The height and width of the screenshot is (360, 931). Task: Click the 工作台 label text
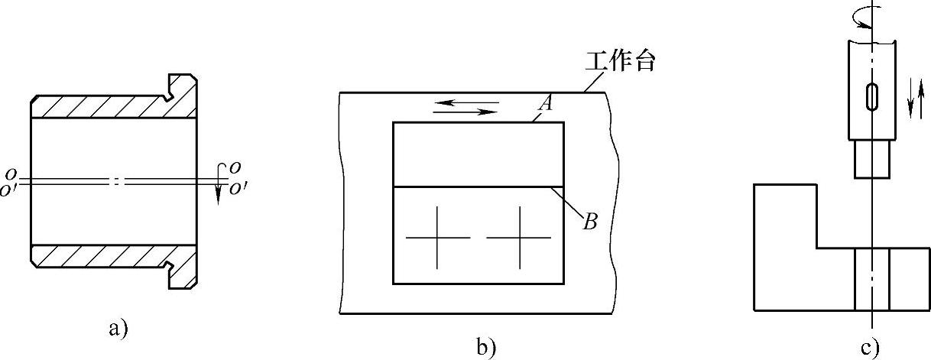(x=620, y=61)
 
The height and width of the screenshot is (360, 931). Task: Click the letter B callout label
(x=589, y=223)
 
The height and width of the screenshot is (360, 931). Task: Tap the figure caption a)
(x=118, y=329)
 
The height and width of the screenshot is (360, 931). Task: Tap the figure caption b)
(x=487, y=348)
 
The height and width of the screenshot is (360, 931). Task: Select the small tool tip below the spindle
(x=871, y=159)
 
